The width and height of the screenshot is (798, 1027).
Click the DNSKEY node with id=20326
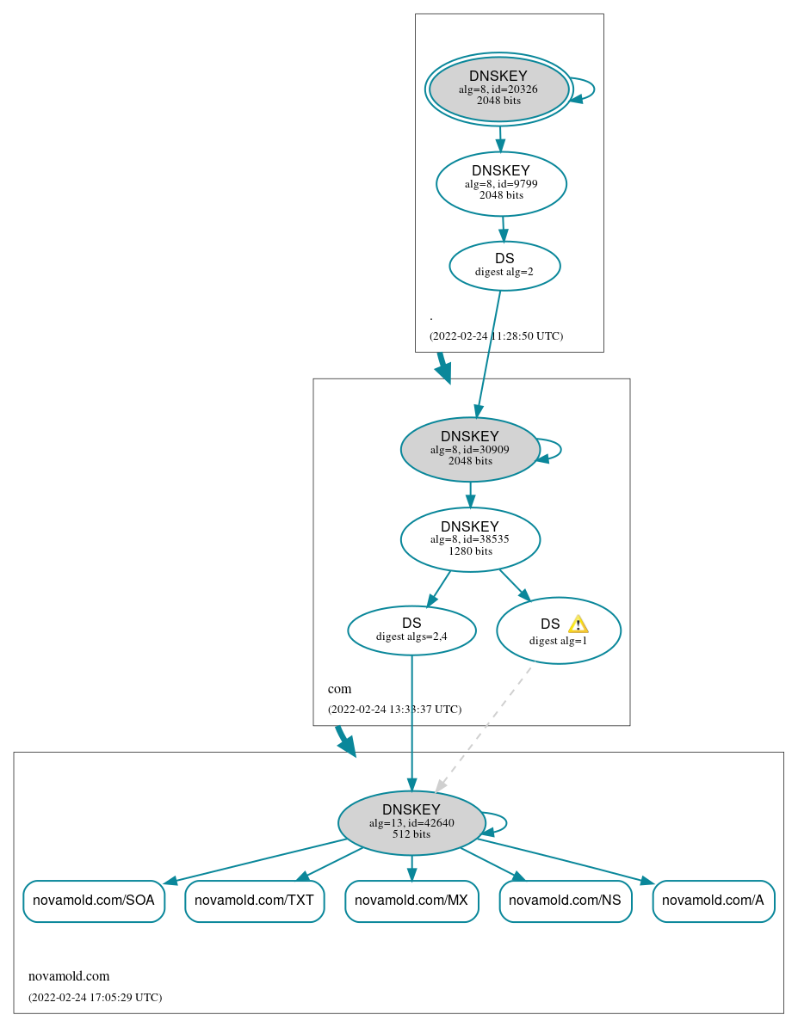click(x=498, y=89)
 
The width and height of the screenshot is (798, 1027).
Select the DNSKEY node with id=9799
click(x=501, y=183)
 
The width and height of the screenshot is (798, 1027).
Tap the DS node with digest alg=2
click(x=504, y=266)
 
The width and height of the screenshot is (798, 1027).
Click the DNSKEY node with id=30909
click(x=469, y=449)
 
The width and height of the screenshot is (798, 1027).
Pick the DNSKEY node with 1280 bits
click(x=470, y=539)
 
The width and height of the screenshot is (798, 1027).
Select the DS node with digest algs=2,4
click(x=411, y=630)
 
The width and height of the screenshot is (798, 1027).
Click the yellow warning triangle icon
click(x=578, y=624)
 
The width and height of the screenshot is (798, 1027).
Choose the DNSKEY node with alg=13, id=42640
click(x=411, y=822)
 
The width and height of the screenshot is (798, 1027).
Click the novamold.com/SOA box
click(x=93, y=901)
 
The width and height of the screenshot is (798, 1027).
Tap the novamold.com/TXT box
click(x=254, y=901)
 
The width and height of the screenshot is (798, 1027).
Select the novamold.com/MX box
click(x=411, y=901)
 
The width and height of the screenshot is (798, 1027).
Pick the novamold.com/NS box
click(x=566, y=901)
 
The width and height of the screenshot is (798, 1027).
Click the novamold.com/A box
click(x=713, y=901)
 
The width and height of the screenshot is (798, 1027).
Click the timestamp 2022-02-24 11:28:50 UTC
click(x=496, y=336)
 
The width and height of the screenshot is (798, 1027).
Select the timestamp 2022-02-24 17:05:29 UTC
click(x=95, y=998)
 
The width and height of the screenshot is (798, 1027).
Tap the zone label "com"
click(x=339, y=689)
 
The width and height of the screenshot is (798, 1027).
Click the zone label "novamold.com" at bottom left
click(x=69, y=976)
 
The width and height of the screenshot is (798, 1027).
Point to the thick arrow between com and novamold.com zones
click(x=344, y=741)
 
